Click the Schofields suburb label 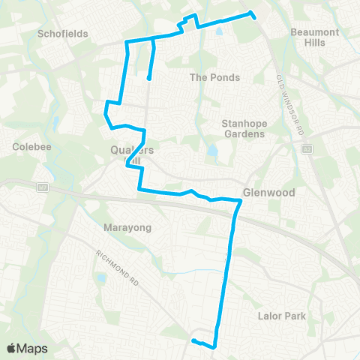point(63,34)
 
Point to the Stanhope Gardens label point(244,128)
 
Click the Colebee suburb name point(31,147)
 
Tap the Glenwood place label point(269,192)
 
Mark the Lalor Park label point(285,316)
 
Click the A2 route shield point(306,149)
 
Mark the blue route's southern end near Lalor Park point(193,341)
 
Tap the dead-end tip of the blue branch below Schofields point(149,78)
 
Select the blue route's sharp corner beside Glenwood point(241,201)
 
